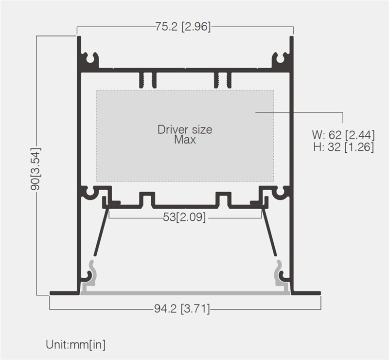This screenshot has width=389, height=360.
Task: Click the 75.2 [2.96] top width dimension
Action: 183,26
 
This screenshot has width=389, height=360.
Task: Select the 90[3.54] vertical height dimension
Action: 35,169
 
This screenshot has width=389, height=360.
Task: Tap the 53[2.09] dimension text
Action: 184,217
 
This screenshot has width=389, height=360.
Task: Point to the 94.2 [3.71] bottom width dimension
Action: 182,309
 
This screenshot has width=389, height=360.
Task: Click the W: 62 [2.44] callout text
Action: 343,135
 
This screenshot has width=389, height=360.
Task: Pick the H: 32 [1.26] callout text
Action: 344,147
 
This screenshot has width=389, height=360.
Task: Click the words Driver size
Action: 185,129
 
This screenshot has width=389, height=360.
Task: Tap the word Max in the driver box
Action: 185,140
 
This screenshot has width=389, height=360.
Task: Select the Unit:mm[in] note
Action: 76,344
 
